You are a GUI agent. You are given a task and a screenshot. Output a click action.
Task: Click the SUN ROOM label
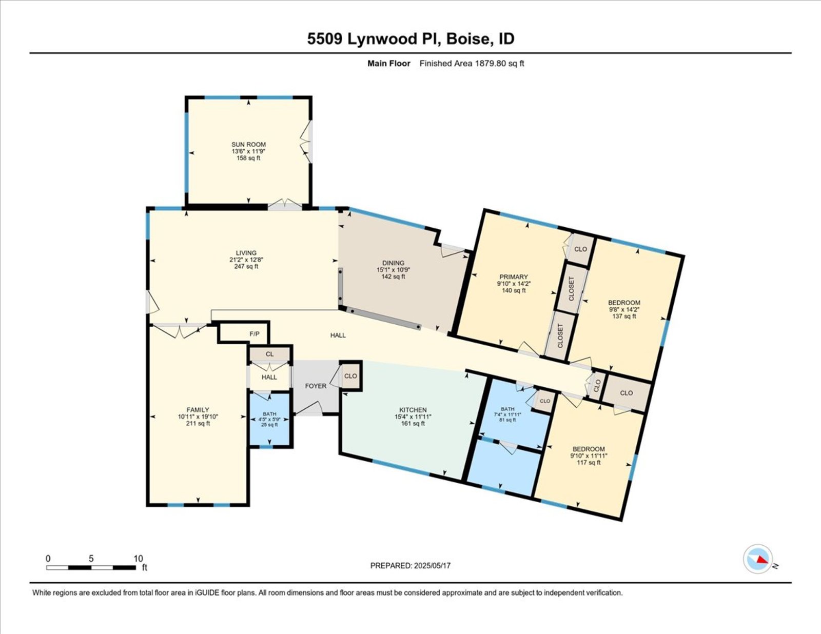click(x=248, y=144)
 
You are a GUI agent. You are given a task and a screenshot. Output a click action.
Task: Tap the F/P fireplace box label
click(x=255, y=334)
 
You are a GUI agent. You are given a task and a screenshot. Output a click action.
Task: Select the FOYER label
click(x=316, y=386)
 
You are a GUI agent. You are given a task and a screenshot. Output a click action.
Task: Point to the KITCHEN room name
click(x=413, y=410)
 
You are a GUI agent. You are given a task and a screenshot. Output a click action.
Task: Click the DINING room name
click(x=393, y=263)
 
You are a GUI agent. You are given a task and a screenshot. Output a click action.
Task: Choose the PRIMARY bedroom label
click(x=514, y=277)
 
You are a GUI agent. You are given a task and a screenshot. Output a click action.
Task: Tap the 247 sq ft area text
click(x=246, y=266)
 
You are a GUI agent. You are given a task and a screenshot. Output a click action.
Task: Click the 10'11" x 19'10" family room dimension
click(x=198, y=417)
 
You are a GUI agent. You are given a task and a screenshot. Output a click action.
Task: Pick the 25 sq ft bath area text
click(x=269, y=424)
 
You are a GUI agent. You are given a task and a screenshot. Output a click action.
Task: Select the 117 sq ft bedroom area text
click(x=589, y=462)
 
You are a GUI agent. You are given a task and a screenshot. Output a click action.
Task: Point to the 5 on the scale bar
click(x=91, y=559)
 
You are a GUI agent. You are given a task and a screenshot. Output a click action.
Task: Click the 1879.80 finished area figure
click(x=491, y=64)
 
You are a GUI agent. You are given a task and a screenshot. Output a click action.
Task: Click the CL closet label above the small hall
click(x=269, y=354)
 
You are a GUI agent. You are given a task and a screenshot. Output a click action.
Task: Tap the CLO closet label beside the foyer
click(x=350, y=376)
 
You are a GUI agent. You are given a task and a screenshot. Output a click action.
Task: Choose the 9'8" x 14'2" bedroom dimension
click(x=624, y=309)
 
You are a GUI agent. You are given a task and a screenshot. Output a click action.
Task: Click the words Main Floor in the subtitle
click(x=389, y=64)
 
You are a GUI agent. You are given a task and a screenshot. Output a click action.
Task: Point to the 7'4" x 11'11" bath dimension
click(x=507, y=414)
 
